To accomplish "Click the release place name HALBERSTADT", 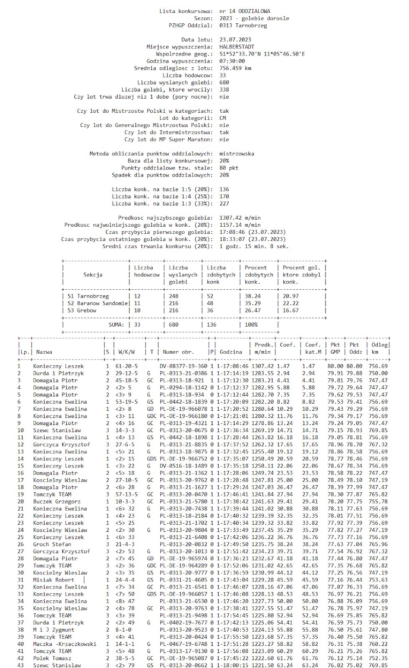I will pos(237,47).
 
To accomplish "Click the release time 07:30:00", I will pos(232,61).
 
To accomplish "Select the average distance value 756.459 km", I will pos(235,68).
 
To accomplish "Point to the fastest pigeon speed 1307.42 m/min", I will pos(240,218).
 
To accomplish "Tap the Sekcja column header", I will pos(93,275).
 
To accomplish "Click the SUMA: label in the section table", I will pos(116,324).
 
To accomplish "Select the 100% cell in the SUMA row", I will pos(251,324).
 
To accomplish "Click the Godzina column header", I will pos(231,352).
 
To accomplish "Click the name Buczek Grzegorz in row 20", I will pos(57,501).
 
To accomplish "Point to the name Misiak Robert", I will pos(54,579).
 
